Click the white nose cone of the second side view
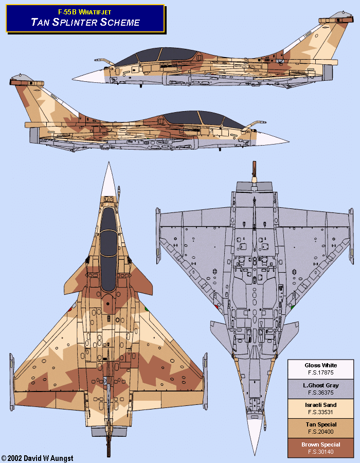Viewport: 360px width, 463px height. click(273, 138)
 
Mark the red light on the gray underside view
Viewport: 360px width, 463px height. click(217, 307)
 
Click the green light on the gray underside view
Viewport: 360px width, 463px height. click(292, 307)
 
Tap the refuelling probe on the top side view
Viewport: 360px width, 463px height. click(103, 62)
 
